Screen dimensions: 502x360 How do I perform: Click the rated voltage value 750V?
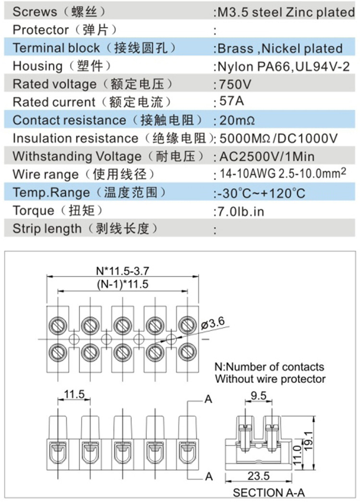pyautogui.click(x=235, y=85)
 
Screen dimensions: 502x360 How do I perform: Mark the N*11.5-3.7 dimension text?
pyautogui.click(x=122, y=271)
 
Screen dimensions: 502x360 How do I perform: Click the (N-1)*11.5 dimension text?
pyautogui.click(x=122, y=284)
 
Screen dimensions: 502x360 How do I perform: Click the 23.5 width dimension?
pyautogui.click(x=258, y=476)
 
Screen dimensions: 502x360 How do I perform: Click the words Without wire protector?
pyautogui.click(x=270, y=379)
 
